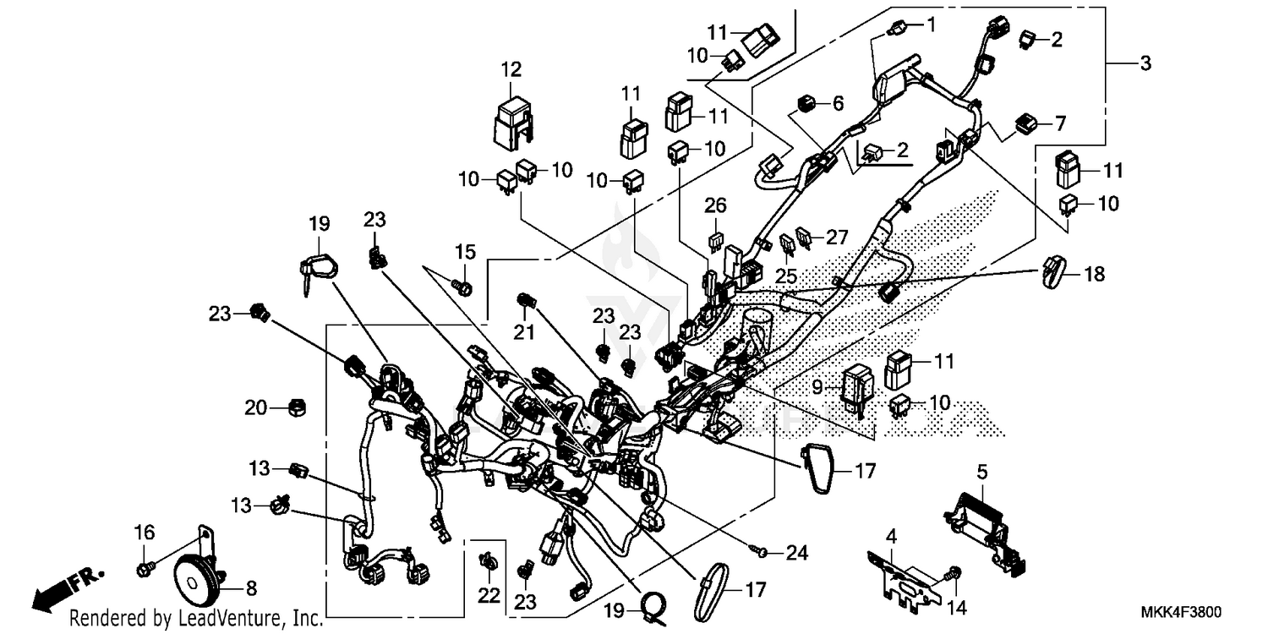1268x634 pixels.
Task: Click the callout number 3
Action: tap(1144, 63)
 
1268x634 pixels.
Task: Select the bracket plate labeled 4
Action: tap(902, 577)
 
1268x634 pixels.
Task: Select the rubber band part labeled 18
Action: tap(1052, 271)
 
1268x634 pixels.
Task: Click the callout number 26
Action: tap(715, 205)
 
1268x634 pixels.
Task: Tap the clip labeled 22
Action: tap(488, 561)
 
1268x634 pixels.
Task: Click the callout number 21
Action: tap(525, 333)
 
